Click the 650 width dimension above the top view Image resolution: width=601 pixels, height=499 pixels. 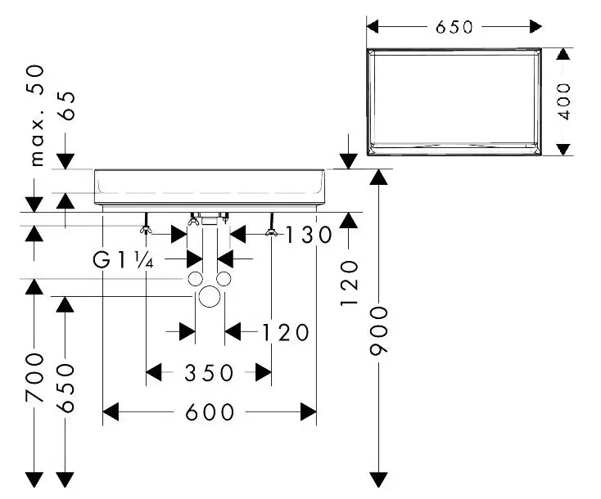coord(454,27)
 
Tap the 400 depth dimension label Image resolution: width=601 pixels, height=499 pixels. coord(563,100)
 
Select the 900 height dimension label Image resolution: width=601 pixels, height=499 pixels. coord(378,330)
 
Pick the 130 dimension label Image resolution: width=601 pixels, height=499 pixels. coord(310,236)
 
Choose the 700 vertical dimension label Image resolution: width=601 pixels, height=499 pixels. coord(34,378)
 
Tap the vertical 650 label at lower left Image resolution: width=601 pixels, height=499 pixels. coord(66,388)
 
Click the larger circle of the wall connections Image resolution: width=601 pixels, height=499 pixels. coord(210,296)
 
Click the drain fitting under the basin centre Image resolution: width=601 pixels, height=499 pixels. coord(210,219)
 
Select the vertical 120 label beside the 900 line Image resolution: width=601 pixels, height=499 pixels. coord(350,282)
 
